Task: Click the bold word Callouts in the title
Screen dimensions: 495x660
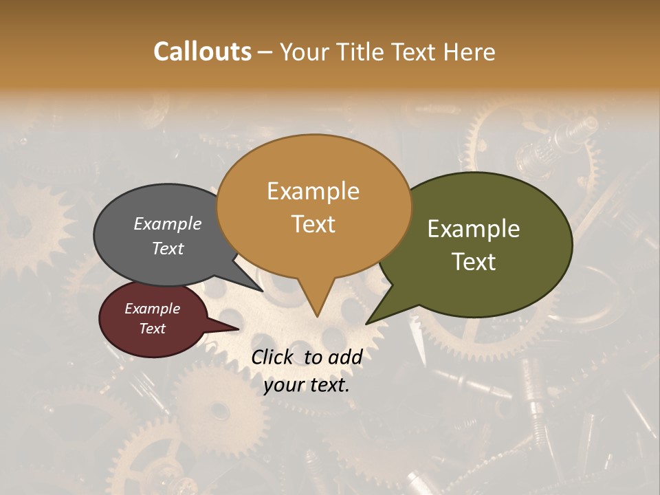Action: click(202, 52)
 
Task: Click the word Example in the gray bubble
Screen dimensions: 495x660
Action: click(168, 223)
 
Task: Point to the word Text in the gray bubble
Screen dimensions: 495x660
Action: click(168, 248)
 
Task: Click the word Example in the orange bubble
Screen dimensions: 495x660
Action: click(313, 191)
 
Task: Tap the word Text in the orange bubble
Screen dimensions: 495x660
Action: click(313, 224)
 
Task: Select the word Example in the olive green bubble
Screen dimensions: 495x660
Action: click(474, 229)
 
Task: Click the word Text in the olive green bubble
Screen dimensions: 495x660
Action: click(474, 262)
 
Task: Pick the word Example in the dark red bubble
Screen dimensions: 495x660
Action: click(152, 309)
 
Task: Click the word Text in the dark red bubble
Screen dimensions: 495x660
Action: click(152, 329)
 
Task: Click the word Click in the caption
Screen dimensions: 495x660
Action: click(274, 357)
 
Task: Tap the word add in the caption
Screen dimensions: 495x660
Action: click(345, 357)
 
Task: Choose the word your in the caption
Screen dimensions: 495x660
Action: click(283, 385)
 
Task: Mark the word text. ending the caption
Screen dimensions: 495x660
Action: click(328, 385)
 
